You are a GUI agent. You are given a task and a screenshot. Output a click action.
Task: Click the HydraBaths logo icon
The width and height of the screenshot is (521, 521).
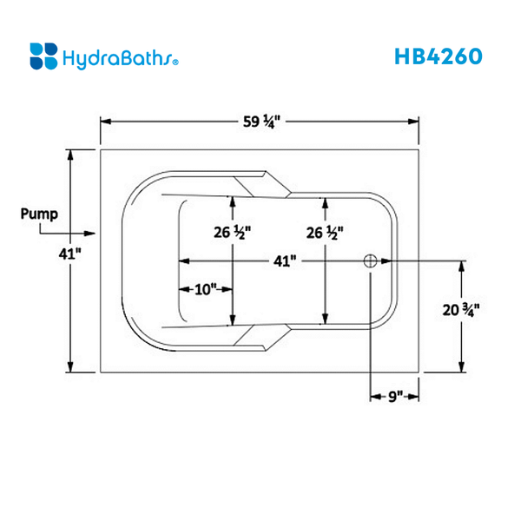click(x=43, y=56)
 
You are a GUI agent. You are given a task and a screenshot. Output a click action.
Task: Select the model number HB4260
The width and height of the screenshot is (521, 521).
click(x=438, y=56)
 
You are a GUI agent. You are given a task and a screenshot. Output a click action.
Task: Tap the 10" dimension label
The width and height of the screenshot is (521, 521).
click(x=205, y=290)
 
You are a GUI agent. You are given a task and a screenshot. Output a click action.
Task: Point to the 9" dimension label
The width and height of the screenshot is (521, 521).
click(x=397, y=396)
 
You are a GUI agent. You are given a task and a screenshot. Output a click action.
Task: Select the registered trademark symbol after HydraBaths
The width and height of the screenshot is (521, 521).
click(x=177, y=63)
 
